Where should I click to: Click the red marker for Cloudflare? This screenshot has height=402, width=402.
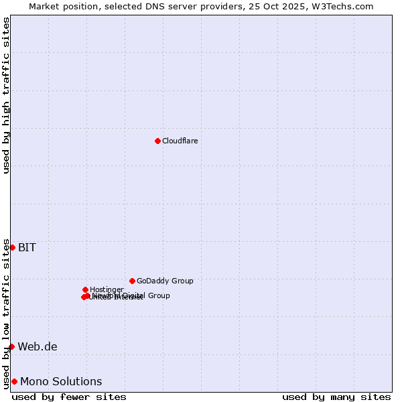157,141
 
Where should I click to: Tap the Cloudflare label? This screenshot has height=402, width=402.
180,141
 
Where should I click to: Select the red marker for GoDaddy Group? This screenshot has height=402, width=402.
132,281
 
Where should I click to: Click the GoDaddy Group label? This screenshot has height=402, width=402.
165,281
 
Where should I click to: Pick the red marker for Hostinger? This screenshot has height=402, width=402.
85,289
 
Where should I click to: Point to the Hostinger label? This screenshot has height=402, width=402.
107,289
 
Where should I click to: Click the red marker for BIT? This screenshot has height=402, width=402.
12,247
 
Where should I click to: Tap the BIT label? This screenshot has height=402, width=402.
27,247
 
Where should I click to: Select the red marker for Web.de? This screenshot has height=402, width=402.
11,346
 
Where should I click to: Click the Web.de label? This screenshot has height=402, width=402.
38,346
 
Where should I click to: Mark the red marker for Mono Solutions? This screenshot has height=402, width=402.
14,381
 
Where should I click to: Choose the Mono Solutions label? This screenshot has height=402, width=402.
61,381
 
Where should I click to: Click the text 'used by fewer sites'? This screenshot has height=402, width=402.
69,397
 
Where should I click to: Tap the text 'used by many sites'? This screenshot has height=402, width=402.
336,397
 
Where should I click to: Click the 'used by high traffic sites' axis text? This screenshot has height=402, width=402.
6,95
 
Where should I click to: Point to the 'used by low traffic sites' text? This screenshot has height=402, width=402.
6,314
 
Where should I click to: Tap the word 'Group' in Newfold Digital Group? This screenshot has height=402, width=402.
159,295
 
